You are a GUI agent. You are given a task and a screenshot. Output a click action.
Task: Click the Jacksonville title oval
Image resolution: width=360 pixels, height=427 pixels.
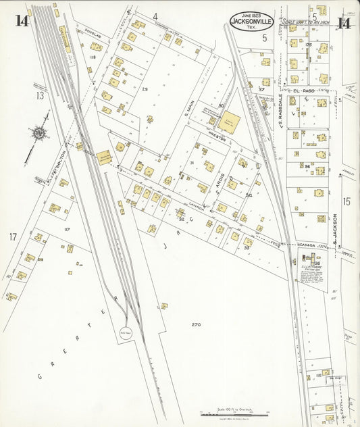tap(251, 22)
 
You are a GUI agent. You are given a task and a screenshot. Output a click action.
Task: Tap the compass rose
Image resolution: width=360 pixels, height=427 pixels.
tap(40, 134)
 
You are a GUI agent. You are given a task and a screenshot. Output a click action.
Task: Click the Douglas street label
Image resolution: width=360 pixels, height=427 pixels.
tap(93, 32)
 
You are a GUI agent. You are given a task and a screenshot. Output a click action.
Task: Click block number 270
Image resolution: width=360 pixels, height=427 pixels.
tap(196, 325)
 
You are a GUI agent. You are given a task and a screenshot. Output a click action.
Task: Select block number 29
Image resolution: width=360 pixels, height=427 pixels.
tap(145, 89)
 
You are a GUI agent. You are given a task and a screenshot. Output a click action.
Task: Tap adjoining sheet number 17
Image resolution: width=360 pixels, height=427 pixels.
tap(12, 236)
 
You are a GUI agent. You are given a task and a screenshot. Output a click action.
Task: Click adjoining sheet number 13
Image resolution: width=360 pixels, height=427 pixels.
tap(40, 95)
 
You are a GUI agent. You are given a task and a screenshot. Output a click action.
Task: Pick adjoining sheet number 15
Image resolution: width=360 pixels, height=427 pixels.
tap(346, 201)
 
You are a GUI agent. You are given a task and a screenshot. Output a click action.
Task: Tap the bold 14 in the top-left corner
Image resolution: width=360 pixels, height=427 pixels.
tap(22, 21)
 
